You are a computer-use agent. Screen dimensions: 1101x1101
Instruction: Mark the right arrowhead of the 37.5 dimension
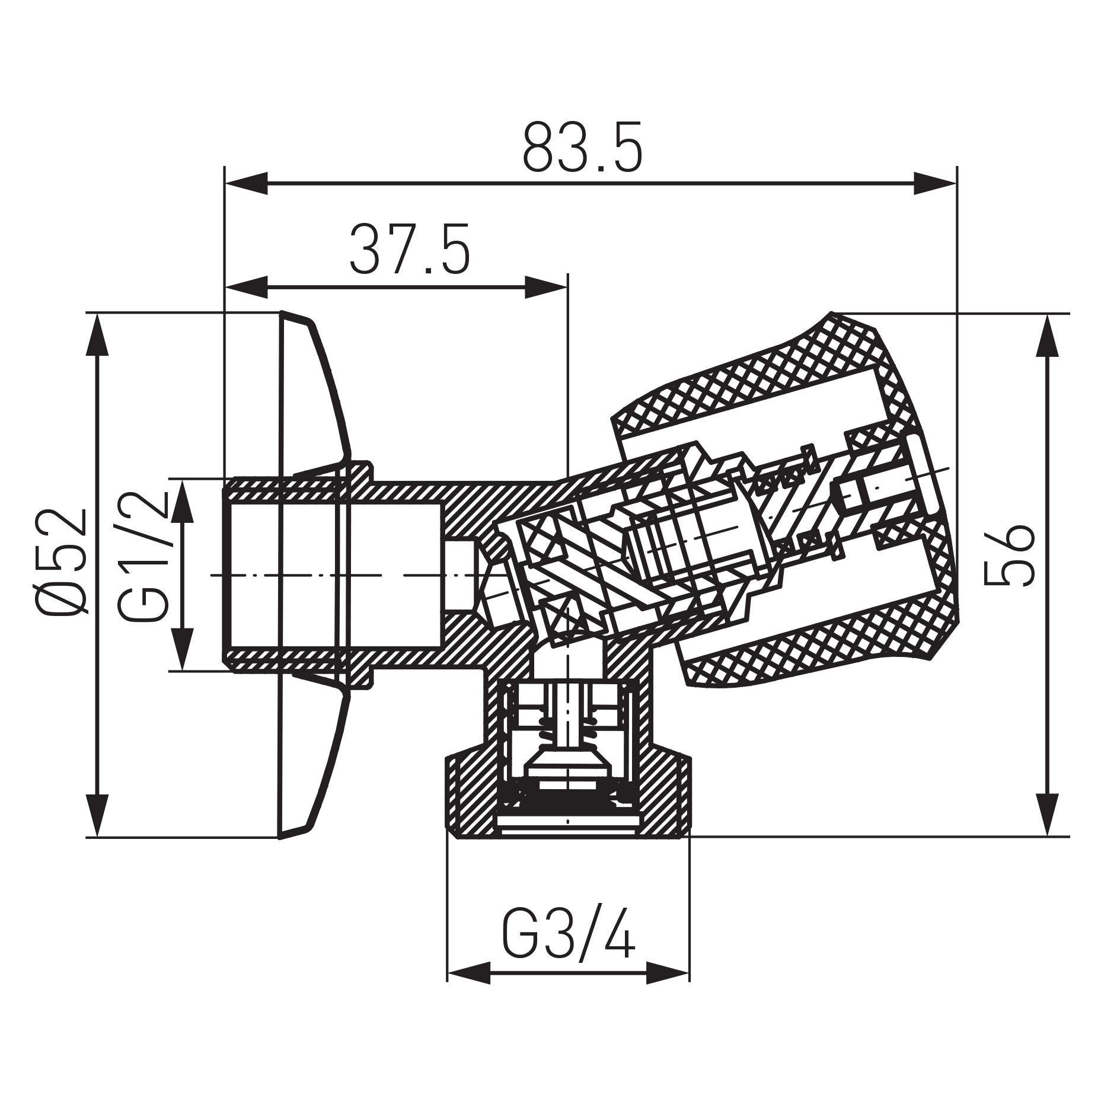coord(546,288)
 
